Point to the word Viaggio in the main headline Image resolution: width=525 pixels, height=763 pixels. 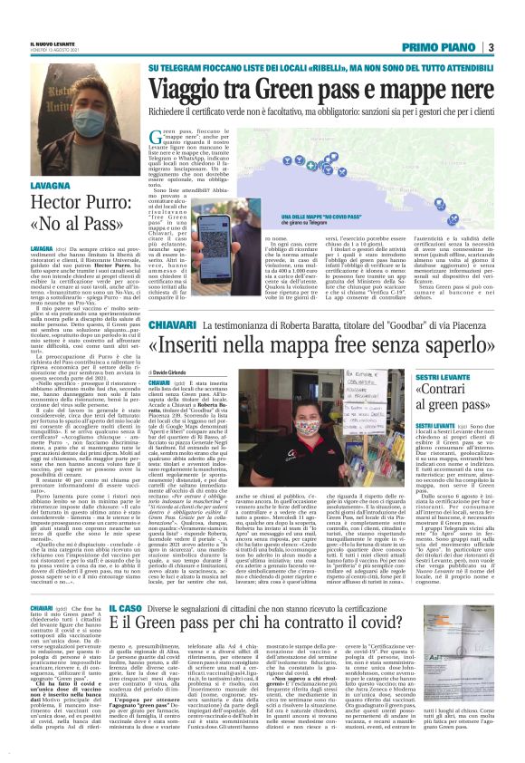tap(193, 90)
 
